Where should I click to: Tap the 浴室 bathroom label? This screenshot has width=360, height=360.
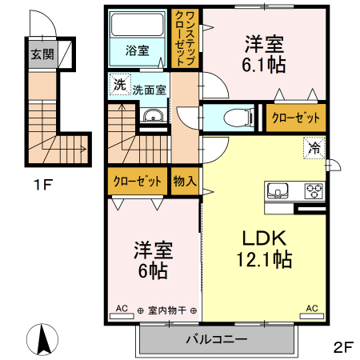(137, 50)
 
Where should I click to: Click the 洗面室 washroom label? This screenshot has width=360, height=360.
(149, 90)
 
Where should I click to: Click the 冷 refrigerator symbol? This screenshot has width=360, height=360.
(314, 148)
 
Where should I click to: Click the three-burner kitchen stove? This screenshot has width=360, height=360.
(312, 190)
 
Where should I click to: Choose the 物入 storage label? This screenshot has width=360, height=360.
(184, 181)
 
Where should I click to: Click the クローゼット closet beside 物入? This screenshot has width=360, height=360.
(137, 181)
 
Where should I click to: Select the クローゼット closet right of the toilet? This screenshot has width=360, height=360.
(295, 118)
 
